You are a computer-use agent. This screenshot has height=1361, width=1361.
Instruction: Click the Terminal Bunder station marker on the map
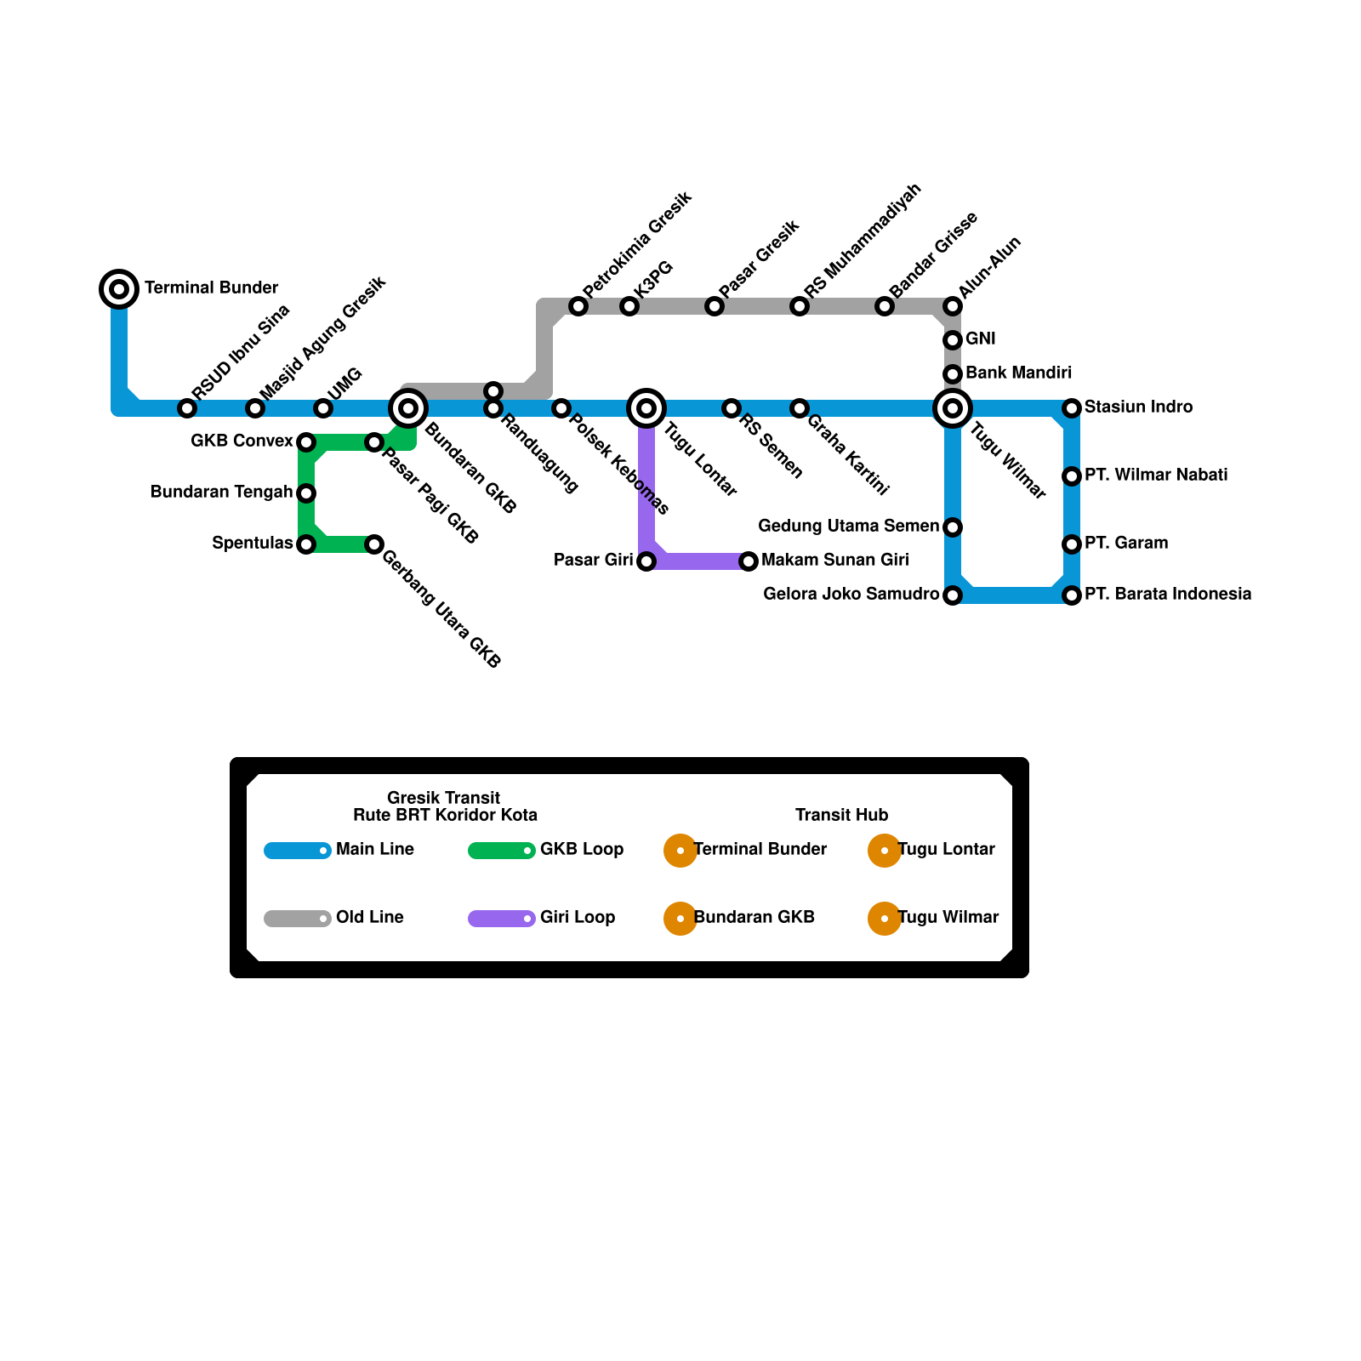(x=119, y=289)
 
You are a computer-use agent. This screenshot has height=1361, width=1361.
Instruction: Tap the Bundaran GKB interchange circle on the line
(x=408, y=408)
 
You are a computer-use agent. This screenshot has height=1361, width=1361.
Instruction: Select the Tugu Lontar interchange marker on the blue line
(x=646, y=408)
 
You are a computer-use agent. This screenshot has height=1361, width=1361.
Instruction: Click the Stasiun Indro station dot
(x=1072, y=408)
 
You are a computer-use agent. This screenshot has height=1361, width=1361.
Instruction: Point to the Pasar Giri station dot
(x=646, y=561)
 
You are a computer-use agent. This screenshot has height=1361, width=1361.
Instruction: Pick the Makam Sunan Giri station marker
(x=749, y=561)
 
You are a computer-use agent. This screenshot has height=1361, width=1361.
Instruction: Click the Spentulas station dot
(x=306, y=544)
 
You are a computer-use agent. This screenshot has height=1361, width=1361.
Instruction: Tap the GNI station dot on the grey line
(x=953, y=340)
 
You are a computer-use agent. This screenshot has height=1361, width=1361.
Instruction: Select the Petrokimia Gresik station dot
(x=578, y=306)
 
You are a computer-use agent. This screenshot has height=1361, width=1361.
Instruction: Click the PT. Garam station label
(x=1125, y=543)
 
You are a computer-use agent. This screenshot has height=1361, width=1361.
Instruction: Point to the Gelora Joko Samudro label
(x=851, y=594)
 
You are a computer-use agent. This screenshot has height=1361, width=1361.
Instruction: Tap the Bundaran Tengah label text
(x=221, y=492)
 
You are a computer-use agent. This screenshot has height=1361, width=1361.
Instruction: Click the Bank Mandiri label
(x=1018, y=373)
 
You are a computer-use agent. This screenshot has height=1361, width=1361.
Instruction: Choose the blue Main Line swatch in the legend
(x=297, y=851)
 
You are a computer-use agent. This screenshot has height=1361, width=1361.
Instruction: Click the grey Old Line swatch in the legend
(x=297, y=919)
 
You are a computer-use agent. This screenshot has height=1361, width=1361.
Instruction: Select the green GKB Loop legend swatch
(x=501, y=851)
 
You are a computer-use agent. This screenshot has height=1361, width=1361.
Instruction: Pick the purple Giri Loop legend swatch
(x=501, y=919)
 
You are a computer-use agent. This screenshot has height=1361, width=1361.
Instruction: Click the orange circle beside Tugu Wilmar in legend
(x=885, y=919)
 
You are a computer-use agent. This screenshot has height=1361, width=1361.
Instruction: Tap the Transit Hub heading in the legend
(x=841, y=815)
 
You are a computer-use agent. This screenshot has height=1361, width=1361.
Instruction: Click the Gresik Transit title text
(x=443, y=798)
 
